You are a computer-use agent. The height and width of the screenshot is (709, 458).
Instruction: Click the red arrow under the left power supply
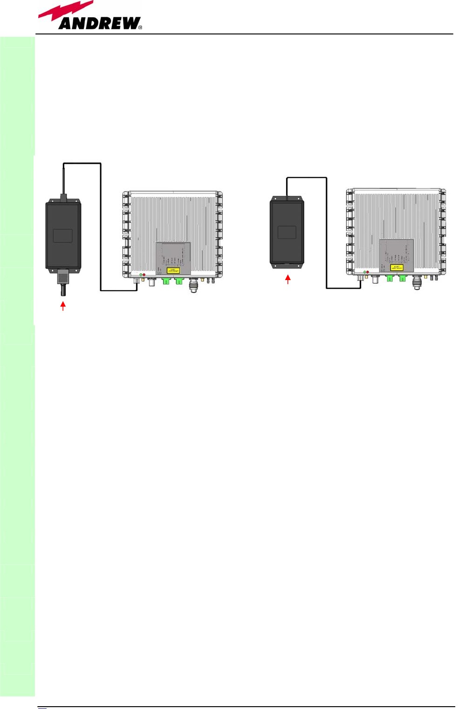63,306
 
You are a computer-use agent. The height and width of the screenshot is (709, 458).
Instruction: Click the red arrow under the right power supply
288,279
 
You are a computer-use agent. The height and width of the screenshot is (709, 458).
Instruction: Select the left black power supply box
63,235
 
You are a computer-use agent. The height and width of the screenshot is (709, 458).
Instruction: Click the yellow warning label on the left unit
173,270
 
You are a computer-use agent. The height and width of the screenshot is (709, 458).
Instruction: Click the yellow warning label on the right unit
396,268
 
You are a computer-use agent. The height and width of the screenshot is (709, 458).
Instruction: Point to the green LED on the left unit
141,275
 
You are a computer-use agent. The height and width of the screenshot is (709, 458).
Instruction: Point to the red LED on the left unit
144,275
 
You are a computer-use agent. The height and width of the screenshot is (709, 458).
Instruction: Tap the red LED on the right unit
368,272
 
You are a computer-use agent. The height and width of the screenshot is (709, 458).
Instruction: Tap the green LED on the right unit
364,272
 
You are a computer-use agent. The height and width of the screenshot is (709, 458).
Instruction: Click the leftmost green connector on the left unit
166,281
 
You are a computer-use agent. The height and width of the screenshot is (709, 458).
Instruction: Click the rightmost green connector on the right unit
402,278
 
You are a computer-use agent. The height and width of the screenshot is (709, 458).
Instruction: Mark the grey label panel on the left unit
173,258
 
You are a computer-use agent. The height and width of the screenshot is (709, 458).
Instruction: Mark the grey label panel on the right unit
396,255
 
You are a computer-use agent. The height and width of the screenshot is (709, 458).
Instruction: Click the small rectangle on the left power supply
63,235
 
